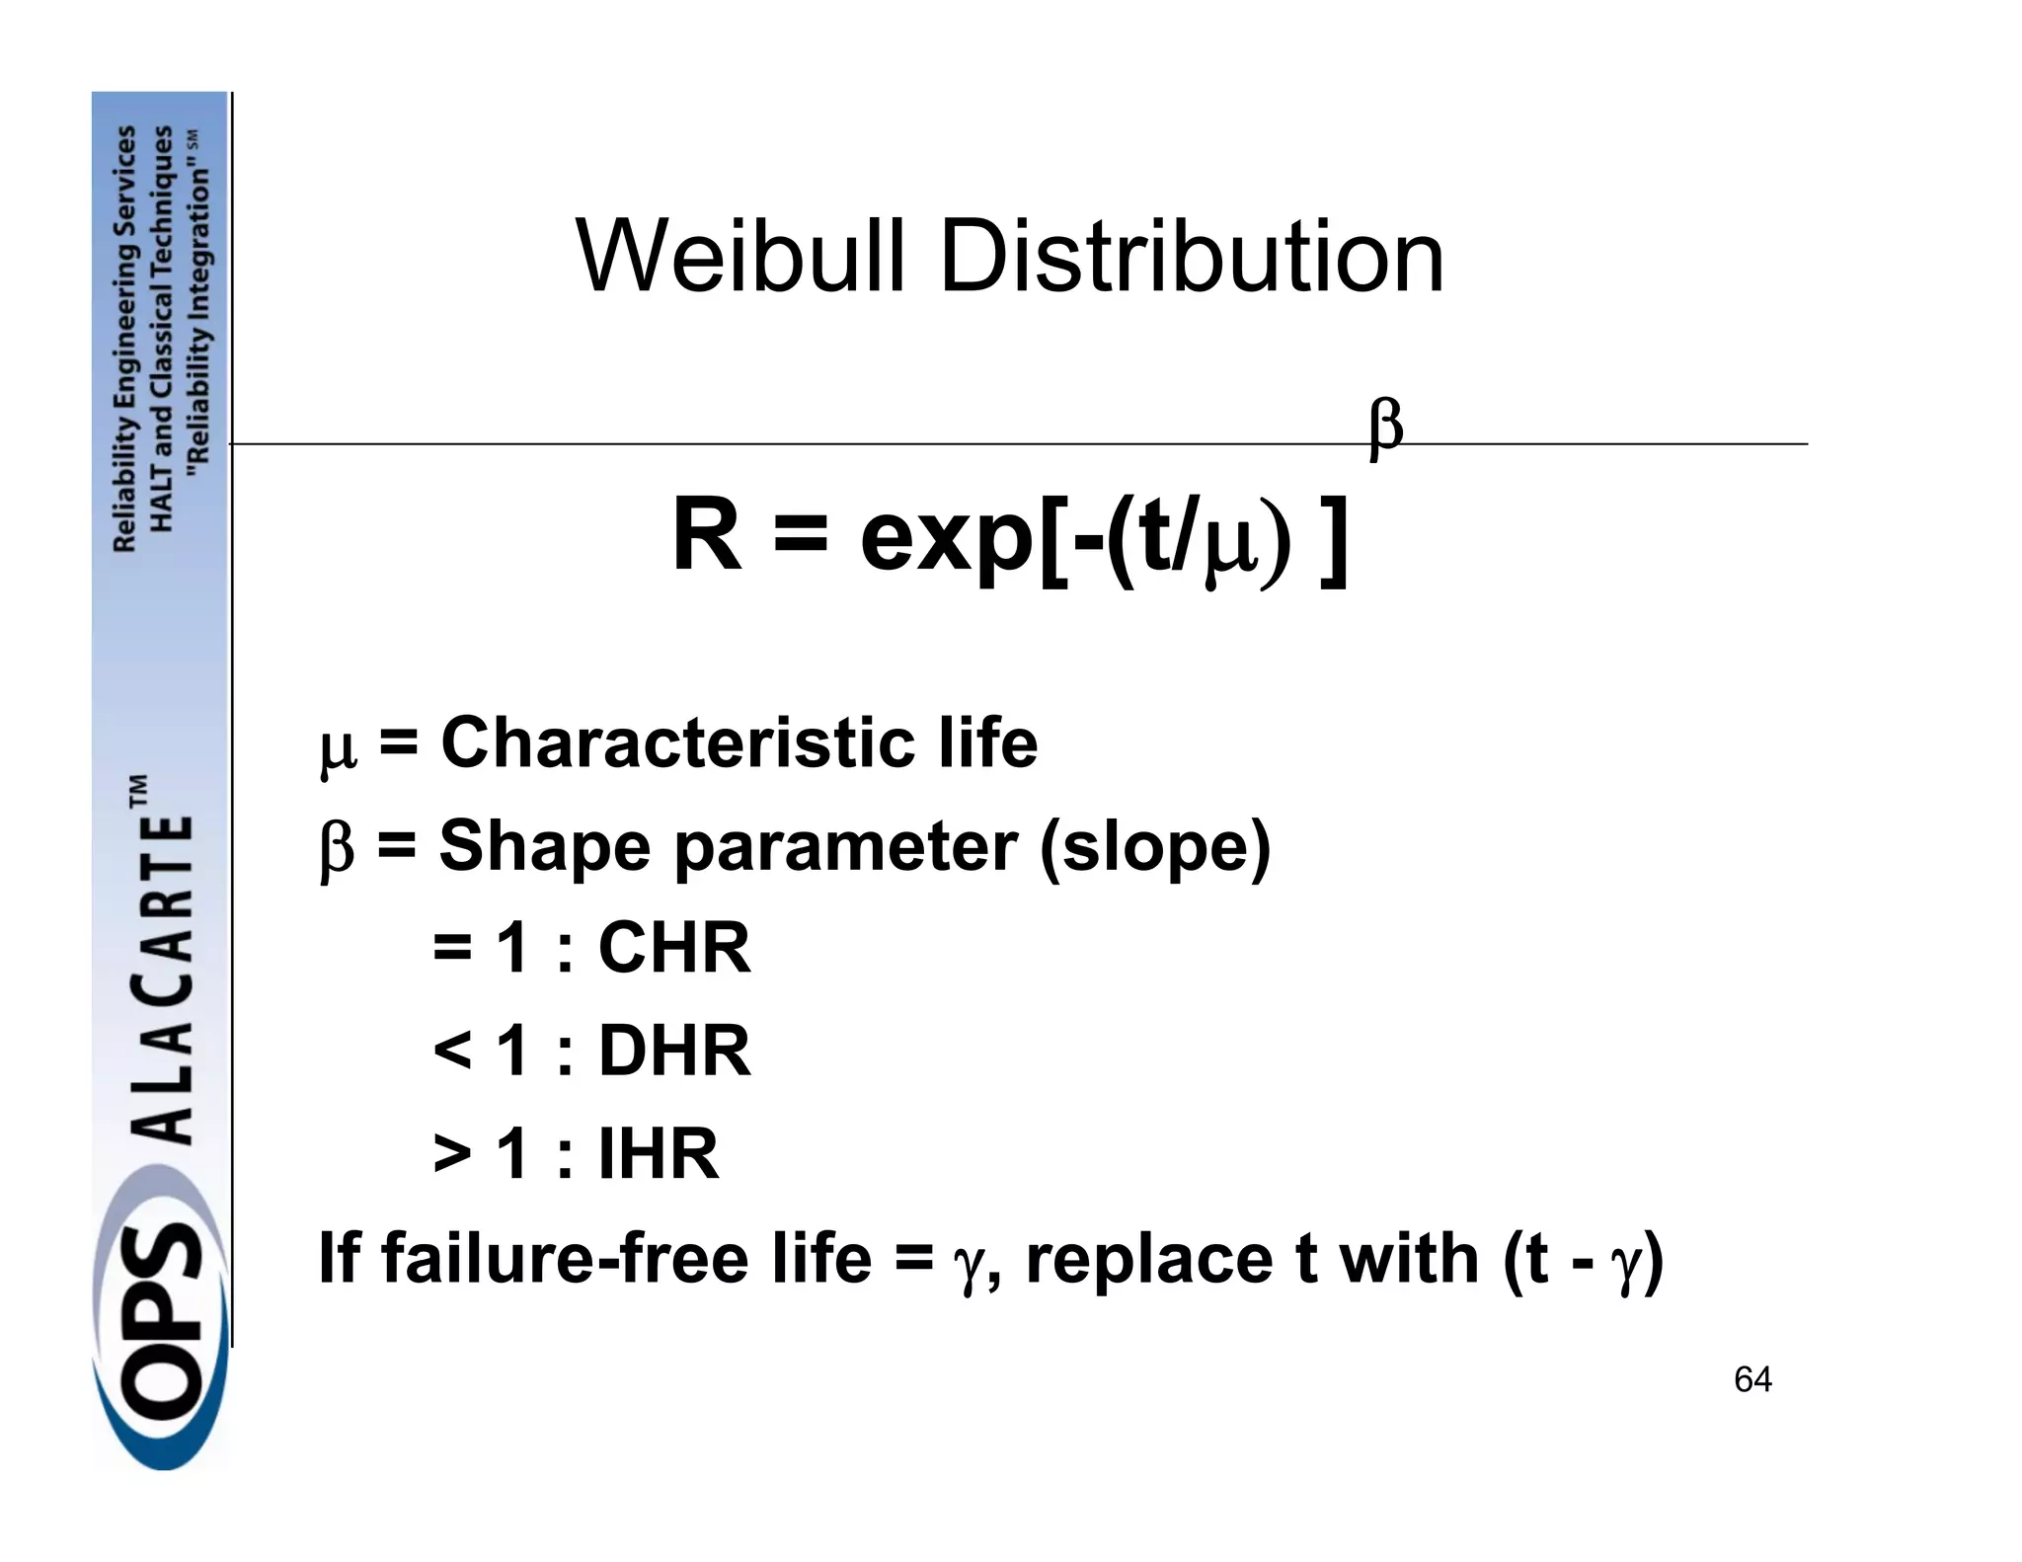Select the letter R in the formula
(707, 535)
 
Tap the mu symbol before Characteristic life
(338, 750)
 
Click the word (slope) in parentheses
(1155, 847)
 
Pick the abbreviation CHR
(674, 948)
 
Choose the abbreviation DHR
(674, 1051)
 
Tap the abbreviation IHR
(659, 1153)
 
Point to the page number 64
(1752, 1379)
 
